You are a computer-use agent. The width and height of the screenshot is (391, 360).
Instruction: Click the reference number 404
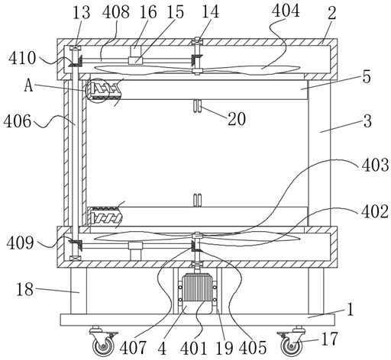point(286,11)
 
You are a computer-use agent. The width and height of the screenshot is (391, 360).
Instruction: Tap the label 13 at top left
point(82,12)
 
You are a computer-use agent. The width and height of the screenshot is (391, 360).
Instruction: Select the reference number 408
point(116,12)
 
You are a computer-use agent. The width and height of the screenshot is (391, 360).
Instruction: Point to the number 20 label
point(237,119)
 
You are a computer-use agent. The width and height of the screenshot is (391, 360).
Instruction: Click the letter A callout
point(29,85)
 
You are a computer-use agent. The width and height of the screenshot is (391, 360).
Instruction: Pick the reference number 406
point(18,121)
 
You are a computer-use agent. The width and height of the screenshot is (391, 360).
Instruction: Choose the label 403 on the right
point(375,165)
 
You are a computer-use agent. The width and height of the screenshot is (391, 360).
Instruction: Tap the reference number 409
point(20,243)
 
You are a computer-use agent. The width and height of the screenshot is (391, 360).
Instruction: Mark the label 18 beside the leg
point(24,289)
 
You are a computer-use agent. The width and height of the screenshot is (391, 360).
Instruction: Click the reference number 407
point(133,348)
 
